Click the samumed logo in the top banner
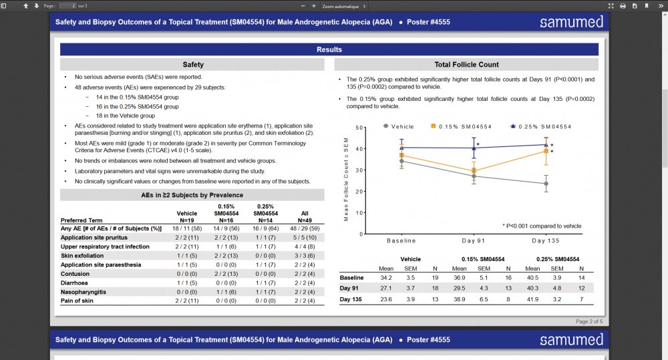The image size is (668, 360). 572,22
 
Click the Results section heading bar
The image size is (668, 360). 329,49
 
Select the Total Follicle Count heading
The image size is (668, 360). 466,65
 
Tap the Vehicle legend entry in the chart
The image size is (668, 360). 402,126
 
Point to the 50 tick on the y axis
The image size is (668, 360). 359,128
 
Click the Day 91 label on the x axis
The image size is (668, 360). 474,240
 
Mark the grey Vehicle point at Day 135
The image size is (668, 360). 546,184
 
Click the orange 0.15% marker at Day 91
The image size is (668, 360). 474,171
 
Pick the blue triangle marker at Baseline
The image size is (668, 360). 401,148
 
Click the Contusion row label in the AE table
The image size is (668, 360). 75,274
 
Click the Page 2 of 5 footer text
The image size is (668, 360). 589,321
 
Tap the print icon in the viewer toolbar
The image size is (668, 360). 623,6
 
